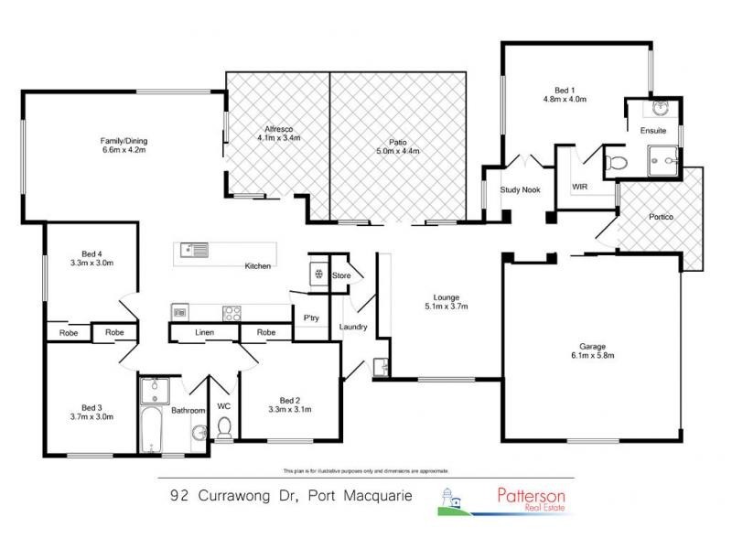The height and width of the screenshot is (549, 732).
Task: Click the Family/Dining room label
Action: click(124, 141)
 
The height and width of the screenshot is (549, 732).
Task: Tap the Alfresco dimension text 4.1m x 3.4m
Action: click(277, 138)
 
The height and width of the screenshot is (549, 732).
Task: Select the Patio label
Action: click(397, 141)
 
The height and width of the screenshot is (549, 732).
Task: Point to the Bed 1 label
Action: click(565, 90)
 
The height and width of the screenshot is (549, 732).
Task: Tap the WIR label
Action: click(579, 186)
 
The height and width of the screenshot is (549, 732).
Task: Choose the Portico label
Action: click(661, 217)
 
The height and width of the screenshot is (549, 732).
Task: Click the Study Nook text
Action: click(517, 190)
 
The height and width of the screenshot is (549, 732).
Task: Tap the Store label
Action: click(341, 274)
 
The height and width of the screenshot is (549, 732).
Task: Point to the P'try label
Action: click(310, 318)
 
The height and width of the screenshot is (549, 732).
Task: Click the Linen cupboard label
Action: click(204, 333)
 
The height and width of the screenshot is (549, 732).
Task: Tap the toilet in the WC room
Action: click(225, 428)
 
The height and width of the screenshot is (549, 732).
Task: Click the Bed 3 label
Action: click(90, 407)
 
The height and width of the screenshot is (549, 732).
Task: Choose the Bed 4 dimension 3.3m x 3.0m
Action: click(91, 263)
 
